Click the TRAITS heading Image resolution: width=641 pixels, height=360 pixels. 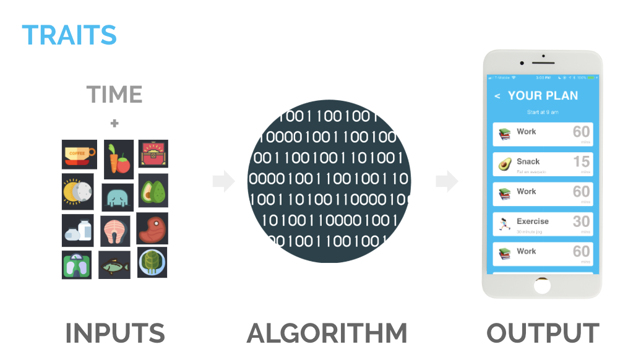point(69,35)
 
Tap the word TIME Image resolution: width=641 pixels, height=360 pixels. point(114,95)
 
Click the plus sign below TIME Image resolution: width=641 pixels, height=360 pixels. point(114,124)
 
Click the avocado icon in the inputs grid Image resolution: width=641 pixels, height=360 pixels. point(152,191)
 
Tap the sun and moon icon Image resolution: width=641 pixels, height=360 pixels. point(77,192)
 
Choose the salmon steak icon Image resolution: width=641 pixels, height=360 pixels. point(115,231)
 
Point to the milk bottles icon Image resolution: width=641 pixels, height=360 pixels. point(78,231)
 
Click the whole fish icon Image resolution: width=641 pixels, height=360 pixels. point(114,265)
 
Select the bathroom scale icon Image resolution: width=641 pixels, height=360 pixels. point(77,265)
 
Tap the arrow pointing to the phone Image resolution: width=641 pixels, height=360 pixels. point(447,181)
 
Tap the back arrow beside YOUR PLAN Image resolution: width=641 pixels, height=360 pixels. point(497,96)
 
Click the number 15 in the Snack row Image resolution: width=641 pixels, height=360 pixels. point(581,161)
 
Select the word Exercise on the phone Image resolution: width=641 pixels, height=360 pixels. point(532,221)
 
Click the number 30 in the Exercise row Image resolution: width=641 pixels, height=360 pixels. point(581,221)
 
